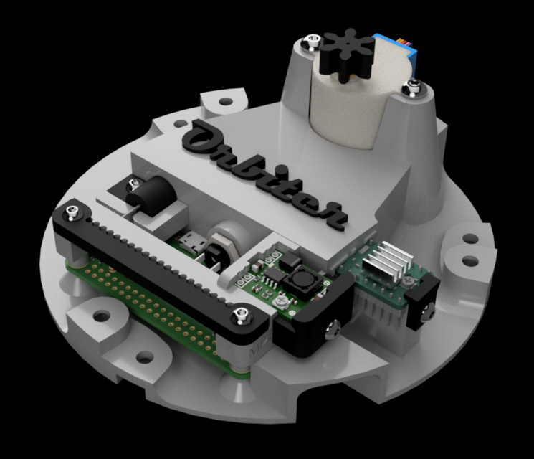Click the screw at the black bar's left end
point(71,212)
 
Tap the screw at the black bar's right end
point(242,313)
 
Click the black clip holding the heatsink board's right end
point(423,301)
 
